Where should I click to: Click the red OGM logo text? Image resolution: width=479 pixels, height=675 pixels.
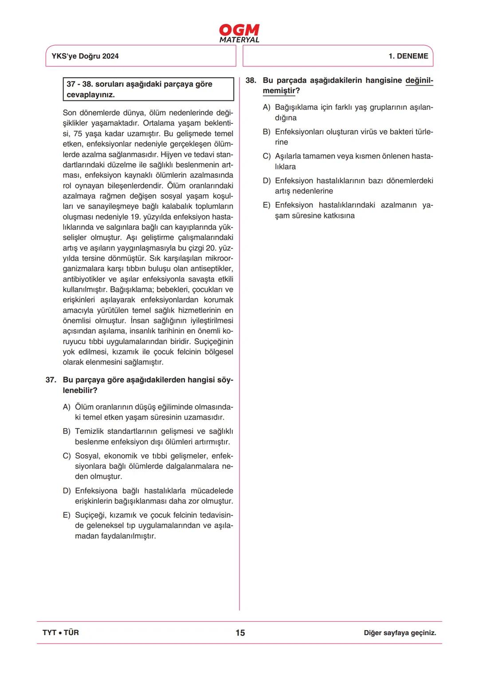click(x=239, y=30)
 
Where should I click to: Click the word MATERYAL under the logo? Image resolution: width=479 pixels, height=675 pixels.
click(x=239, y=40)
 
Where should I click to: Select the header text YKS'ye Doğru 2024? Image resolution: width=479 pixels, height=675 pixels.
click(x=85, y=56)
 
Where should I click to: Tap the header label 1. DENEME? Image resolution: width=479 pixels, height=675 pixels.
click(x=408, y=56)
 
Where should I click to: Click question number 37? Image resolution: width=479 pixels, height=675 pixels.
click(x=51, y=380)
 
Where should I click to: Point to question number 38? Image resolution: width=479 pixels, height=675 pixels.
click(x=251, y=81)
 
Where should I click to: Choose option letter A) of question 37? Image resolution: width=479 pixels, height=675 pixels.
click(x=67, y=407)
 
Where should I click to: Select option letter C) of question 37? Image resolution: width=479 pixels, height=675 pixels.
click(x=67, y=456)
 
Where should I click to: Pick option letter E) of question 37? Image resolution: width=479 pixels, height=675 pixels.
click(x=67, y=515)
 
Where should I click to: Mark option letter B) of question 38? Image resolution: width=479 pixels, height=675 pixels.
click(x=267, y=132)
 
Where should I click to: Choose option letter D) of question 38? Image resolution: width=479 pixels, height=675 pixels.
click(x=267, y=181)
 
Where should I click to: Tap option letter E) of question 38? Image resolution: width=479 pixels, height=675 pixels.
click(x=267, y=205)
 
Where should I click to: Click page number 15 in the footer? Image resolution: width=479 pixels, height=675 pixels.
click(x=240, y=633)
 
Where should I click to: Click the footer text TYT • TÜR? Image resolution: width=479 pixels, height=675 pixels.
click(x=61, y=633)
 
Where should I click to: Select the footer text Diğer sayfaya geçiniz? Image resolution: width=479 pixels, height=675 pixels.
click(x=400, y=633)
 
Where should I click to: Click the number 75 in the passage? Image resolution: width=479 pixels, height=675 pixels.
click(x=78, y=133)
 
